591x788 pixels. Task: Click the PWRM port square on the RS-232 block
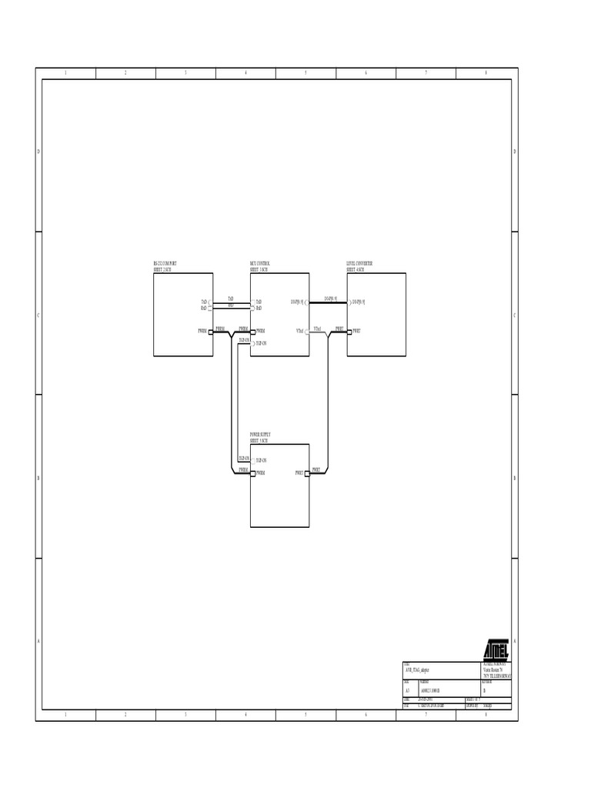pos(210,332)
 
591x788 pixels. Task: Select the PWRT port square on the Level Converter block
pos(349,332)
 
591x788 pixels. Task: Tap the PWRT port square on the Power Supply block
pos(307,473)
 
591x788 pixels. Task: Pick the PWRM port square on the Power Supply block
pos(252,473)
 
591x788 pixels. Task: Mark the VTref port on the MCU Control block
pos(306,332)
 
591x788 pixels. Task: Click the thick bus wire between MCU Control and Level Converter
pos(329,302)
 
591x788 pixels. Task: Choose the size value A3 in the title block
pos(407,690)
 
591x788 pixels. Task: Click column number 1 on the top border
pos(65,73)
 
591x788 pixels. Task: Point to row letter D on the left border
pos(38,152)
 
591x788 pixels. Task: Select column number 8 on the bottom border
pos(486,715)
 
